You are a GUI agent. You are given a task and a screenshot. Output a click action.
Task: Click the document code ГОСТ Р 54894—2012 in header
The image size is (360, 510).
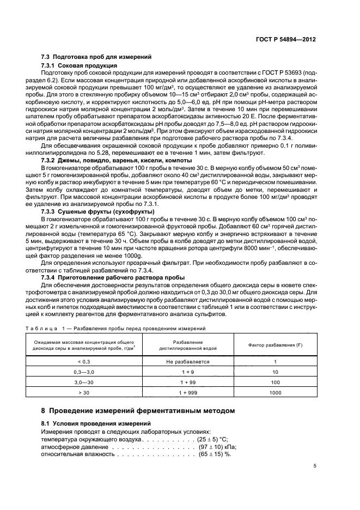[287, 40]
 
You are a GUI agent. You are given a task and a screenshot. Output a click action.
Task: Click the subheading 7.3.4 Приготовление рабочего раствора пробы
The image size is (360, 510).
[114, 276]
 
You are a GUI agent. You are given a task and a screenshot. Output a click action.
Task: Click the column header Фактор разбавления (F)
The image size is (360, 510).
[274, 345]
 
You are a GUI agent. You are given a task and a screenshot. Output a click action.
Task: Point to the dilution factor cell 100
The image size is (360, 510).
[274, 382]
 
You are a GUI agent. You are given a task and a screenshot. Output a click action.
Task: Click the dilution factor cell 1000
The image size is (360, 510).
[274, 392]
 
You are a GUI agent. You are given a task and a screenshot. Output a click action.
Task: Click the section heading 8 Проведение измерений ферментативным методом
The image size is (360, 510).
[138, 410]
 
